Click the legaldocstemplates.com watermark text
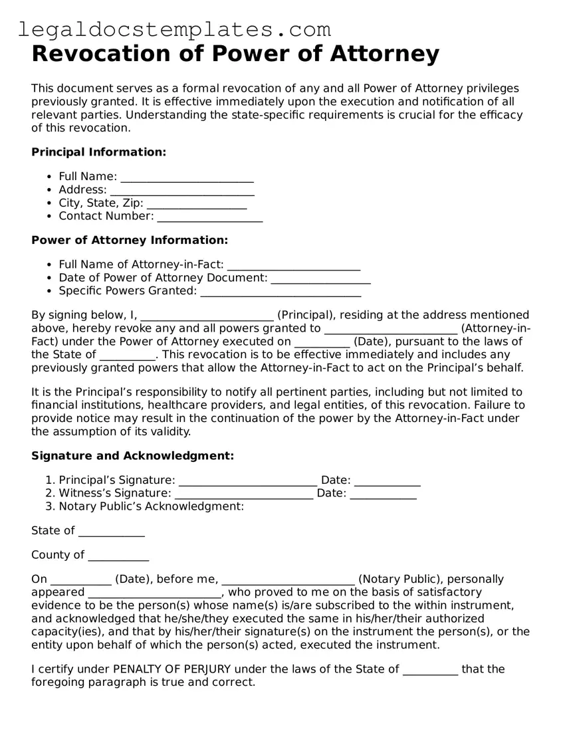click(x=174, y=29)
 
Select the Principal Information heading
click(x=98, y=152)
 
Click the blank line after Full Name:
click(x=187, y=177)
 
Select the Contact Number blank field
click(x=209, y=217)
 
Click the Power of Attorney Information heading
click(x=130, y=240)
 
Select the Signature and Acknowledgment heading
click(x=132, y=456)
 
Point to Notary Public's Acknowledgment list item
click(x=152, y=506)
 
